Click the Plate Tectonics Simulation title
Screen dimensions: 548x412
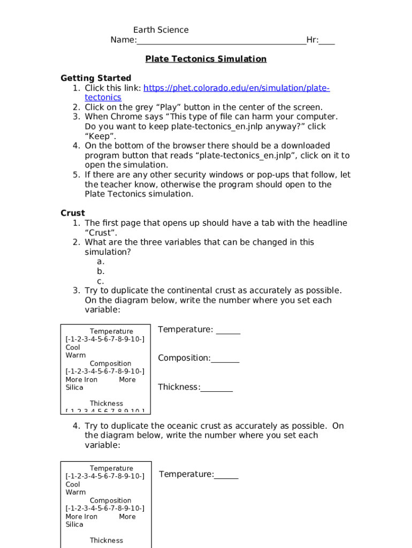[x=205, y=59]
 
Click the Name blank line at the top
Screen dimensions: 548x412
[x=222, y=41]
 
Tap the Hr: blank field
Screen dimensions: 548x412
[x=327, y=41]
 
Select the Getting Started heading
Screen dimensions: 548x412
[x=96, y=78]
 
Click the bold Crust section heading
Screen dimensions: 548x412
[x=73, y=213]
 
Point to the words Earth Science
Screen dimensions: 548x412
[x=161, y=30]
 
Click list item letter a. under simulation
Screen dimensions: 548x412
[x=101, y=262]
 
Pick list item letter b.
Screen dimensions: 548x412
[x=101, y=271]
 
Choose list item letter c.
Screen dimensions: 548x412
[x=101, y=281]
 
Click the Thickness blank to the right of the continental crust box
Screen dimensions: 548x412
[x=217, y=387]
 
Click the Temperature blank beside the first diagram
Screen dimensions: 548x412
[x=228, y=330]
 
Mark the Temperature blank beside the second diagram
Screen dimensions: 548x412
[x=226, y=475]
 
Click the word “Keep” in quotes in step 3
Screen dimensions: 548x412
[x=101, y=136]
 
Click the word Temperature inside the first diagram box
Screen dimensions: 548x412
[x=111, y=332]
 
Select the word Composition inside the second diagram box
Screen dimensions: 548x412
[x=110, y=501]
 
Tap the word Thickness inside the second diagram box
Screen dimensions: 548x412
[x=106, y=541]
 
